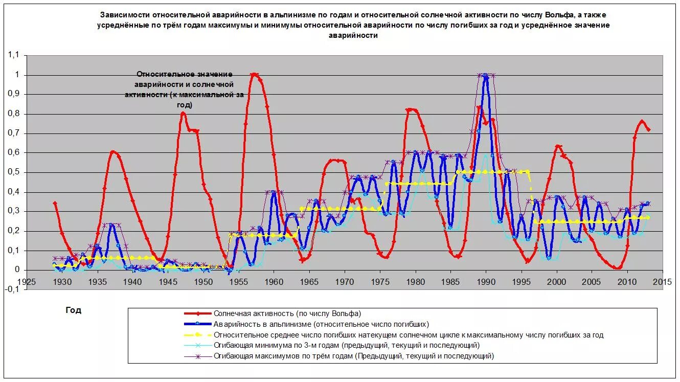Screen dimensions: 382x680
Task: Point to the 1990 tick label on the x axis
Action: pyautogui.click(x=486, y=282)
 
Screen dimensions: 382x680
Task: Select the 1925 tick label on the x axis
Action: pyautogui.click(x=27, y=282)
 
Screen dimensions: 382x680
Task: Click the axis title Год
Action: pyautogui.click(x=73, y=310)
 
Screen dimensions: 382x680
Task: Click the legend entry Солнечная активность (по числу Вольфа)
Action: pyautogui.click(x=287, y=313)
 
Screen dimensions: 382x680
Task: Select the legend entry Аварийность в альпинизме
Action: pyautogui.click(x=321, y=324)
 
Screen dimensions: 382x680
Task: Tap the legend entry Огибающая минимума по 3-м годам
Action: pyautogui.click(x=346, y=346)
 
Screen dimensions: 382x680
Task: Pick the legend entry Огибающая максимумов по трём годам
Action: pyautogui.click(x=354, y=356)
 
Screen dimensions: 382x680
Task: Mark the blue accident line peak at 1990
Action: pyautogui.click(x=485, y=76)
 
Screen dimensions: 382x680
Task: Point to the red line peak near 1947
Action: pyautogui.click(x=183, y=113)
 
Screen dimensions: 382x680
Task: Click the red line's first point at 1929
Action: pyautogui.click(x=55, y=203)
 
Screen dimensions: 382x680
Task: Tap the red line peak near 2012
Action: pyautogui.click(x=642, y=122)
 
